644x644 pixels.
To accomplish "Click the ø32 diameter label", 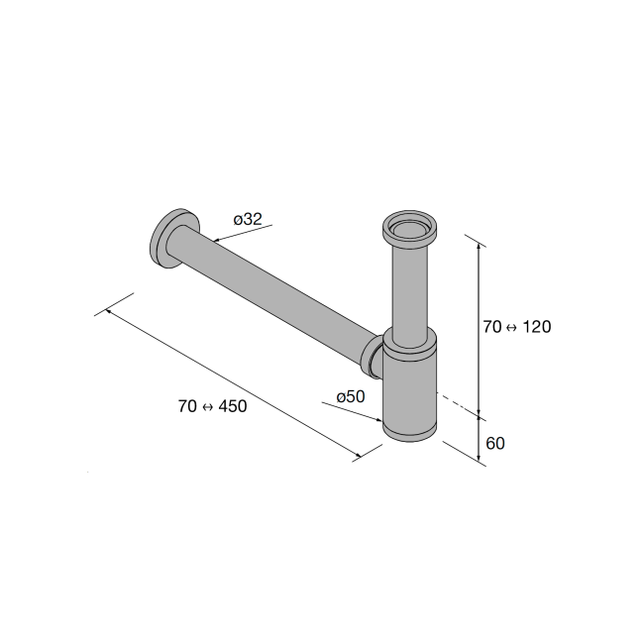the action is click(248, 219).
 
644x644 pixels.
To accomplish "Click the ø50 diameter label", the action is click(351, 396).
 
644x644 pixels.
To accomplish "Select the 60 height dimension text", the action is click(495, 444).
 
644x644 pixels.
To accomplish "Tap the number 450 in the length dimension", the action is click(233, 406).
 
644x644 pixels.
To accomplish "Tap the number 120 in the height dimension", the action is click(537, 327).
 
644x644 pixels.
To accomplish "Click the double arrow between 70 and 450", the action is click(208, 406).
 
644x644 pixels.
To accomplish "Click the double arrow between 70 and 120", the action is click(512, 327).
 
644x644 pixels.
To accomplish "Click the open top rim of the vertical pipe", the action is click(409, 227).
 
